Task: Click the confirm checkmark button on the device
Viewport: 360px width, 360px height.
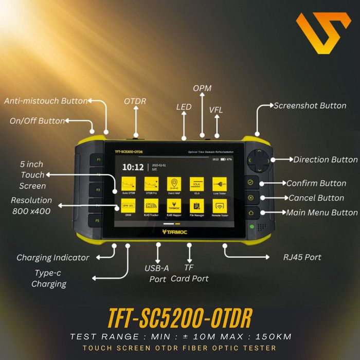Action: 250,183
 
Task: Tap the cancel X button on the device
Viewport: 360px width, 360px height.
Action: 250,197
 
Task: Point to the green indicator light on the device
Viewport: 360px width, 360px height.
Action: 251,226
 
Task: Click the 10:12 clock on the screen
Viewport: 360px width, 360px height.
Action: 132,167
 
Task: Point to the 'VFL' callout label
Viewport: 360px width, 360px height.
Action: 216,110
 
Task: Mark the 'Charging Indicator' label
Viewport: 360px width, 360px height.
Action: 53,257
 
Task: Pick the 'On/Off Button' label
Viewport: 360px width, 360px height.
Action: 38,121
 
